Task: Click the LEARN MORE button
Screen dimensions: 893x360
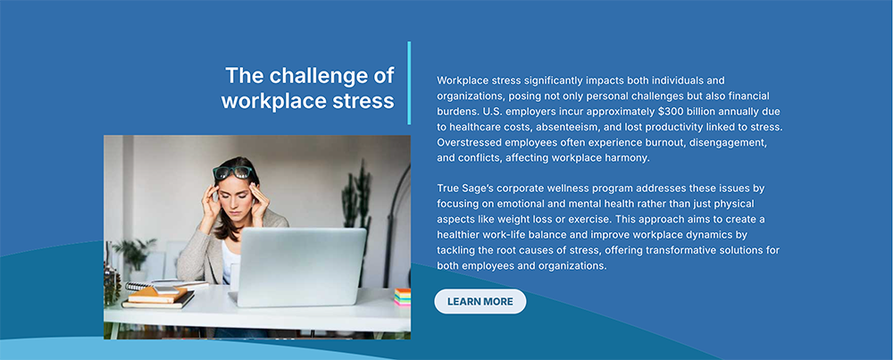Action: tap(480, 301)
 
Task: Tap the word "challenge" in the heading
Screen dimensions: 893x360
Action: tap(316, 76)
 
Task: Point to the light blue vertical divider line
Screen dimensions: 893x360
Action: tap(409, 82)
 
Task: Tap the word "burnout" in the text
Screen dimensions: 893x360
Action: tap(664, 142)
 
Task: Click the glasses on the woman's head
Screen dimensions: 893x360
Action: tap(233, 172)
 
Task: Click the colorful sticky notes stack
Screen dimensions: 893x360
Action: tap(403, 297)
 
